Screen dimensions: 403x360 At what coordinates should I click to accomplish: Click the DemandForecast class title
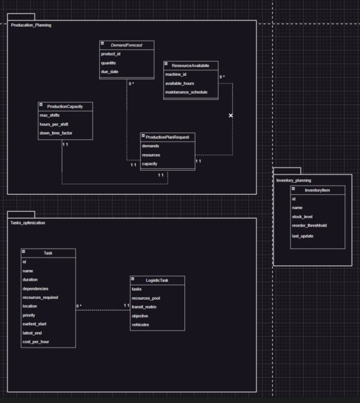click(127, 45)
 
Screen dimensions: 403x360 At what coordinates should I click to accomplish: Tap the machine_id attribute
click(176, 74)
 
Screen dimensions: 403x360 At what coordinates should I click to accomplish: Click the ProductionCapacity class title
click(65, 106)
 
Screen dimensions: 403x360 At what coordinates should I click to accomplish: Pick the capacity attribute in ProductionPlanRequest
click(150, 164)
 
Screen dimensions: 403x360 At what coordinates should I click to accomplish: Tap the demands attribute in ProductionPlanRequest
click(150, 146)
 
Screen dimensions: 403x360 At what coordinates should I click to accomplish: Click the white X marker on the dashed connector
click(231, 115)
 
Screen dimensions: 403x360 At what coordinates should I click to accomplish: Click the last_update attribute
click(303, 236)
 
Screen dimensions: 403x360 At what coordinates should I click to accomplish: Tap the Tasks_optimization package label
click(28, 222)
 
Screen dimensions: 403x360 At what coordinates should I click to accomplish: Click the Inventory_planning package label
click(294, 180)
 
